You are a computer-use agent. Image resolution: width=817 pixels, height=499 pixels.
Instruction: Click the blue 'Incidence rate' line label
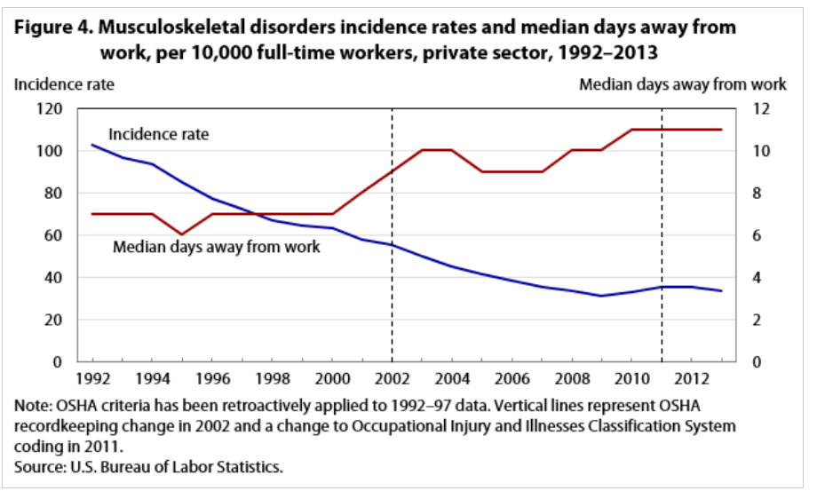(158, 134)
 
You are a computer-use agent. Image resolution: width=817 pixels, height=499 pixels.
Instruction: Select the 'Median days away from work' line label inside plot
(216, 247)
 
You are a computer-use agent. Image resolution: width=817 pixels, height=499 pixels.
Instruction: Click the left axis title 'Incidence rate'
(63, 84)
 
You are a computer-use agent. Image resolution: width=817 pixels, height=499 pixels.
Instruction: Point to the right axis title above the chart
(682, 84)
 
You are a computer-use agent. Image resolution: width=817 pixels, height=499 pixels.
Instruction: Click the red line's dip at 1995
(182, 234)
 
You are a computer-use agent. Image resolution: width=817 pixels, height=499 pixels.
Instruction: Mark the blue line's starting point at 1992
(92, 145)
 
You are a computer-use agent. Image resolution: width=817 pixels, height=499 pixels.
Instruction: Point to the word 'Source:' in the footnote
(42, 466)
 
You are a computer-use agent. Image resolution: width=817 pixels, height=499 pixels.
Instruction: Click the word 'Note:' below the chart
(36, 405)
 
